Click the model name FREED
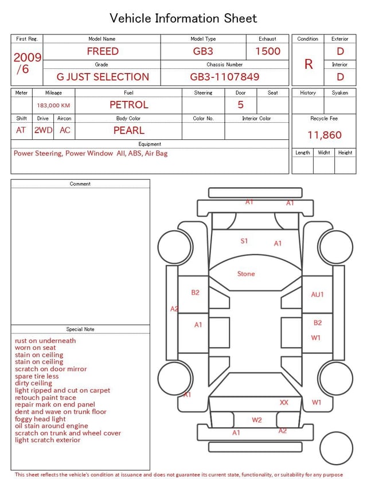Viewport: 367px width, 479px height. (103, 51)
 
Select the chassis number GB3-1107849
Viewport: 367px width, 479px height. (224, 77)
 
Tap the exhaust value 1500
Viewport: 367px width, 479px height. (268, 51)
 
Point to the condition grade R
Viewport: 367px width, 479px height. (309, 64)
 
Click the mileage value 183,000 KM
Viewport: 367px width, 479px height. (53, 106)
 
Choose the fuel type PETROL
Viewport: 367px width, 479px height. (129, 105)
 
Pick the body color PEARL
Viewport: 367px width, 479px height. (129, 130)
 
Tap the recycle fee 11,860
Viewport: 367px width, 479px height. (324, 135)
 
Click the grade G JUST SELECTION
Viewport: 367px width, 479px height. (103, 77)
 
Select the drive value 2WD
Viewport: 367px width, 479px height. (44, 130)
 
